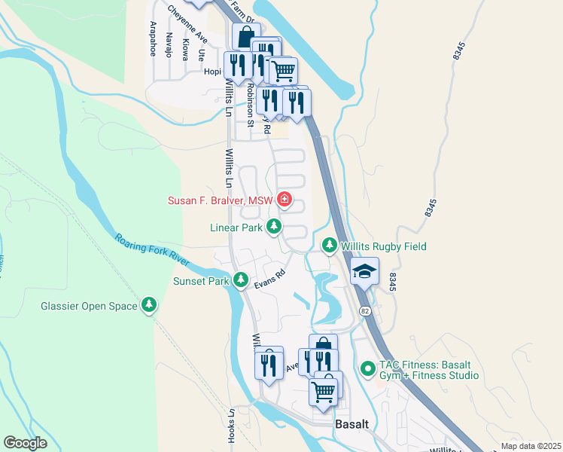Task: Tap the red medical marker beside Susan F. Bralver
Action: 285,200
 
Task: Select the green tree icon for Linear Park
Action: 275,226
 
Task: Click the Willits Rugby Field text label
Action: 384,246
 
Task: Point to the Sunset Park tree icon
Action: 241,280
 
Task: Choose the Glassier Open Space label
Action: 89,306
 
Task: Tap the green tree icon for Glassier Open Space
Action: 151,305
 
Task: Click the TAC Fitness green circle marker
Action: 367,368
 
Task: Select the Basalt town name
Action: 351,424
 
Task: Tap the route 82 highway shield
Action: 364,310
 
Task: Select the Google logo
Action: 25,442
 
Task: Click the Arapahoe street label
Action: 152,38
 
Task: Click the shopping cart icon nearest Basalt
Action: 323,391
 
